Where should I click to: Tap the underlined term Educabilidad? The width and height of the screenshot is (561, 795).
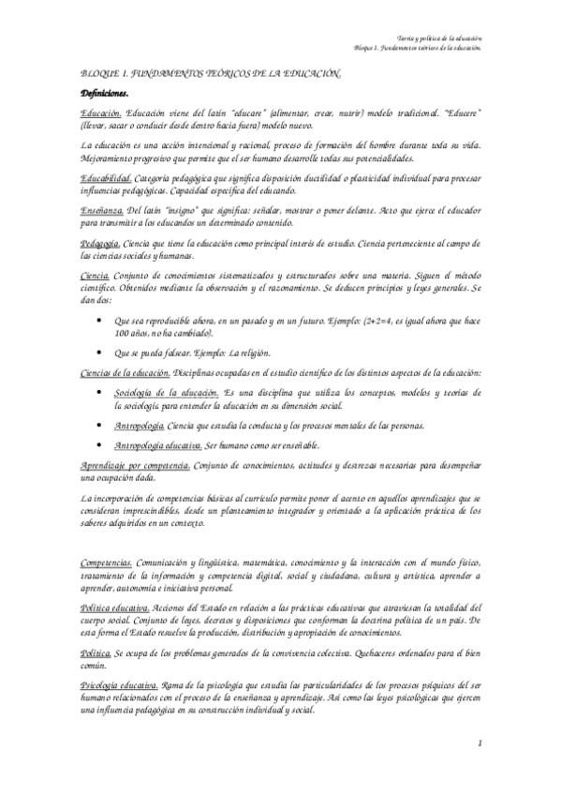pyautogui.click(x=108, y=178)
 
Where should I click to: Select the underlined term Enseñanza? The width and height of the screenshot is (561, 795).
pyautogui.click(x=102, y=212)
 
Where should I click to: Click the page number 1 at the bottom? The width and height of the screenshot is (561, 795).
pyautogui.click(x=479, y=743)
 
